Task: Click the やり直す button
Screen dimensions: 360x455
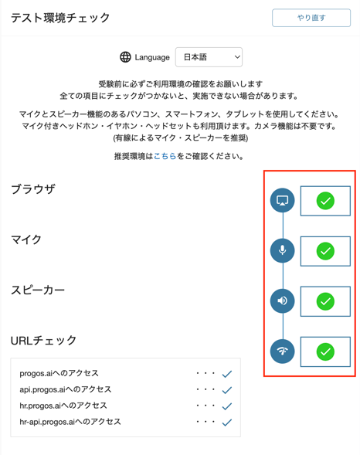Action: tap(311, 18)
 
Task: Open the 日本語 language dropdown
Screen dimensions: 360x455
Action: tap(209, 57)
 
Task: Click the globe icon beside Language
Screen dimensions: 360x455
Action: tap(125, 57)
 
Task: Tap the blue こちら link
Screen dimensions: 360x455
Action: tap(165, 156)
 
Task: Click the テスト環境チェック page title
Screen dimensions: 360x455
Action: tap(60, 18)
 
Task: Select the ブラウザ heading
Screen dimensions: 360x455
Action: tap(33, 189)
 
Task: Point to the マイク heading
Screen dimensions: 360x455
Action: tap(26, 239)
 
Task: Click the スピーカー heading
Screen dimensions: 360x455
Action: tap(38, 290)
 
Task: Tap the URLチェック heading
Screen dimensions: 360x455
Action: tap(43, 341)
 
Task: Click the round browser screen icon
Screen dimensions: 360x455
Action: tap(282, 201)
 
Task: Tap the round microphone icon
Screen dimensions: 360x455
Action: tap(282, 251)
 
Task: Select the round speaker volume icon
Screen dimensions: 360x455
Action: tap(282, 301)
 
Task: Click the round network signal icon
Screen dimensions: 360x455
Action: tap(282, 351)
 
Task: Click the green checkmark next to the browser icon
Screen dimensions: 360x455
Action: tap(325, 201)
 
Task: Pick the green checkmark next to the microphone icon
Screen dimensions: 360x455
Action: tap(325, 251)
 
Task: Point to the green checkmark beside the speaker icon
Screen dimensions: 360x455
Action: tap(325, 301)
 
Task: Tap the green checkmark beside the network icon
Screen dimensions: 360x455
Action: tap(325, 351)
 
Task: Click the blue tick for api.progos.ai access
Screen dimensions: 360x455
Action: tap(227, 390)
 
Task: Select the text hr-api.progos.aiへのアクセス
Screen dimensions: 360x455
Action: tap(70, 422)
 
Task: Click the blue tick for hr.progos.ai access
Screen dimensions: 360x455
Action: tap(227, 406)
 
